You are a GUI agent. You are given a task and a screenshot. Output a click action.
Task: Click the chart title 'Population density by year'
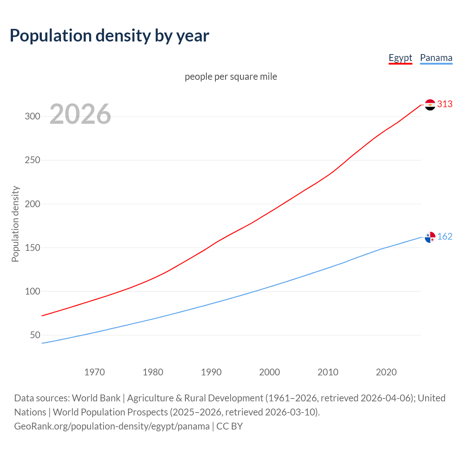click(109, 35)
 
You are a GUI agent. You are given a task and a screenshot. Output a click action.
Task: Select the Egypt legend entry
click(400, 58)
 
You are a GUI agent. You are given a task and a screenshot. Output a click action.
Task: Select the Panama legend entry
click(436, 58)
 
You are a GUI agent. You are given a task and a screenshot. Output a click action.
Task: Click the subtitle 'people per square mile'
click(231, 77)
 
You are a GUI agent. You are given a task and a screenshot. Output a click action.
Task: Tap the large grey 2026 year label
click(80, 114)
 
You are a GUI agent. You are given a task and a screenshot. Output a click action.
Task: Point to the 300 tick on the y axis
click(32, 116)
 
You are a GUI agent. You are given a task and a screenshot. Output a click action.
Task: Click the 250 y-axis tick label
click(32, 160)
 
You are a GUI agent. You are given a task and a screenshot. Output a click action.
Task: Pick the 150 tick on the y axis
click(32, 248)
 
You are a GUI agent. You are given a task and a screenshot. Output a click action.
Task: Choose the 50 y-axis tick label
click(35, 335)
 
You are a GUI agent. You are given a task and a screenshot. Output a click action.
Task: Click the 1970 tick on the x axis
click(95, 372)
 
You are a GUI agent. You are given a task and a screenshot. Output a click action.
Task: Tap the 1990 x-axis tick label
click(211, 372)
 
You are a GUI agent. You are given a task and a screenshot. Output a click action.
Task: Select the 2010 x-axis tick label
click(328, 372)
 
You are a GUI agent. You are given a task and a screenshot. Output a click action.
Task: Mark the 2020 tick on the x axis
click(386, 372)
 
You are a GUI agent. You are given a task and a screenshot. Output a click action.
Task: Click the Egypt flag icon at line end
click(430, 105)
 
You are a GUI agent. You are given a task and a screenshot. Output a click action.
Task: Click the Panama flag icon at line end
click(430, 237)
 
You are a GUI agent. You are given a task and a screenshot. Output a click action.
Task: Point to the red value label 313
click(445, 104)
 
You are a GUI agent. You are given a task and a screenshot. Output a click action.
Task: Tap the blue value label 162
click(445, 236)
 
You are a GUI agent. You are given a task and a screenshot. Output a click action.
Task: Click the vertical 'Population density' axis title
click(15, 224)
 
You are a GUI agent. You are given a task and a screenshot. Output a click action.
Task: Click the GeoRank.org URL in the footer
click(112, 426)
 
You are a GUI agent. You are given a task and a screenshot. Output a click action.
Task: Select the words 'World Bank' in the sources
click(96, 398)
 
